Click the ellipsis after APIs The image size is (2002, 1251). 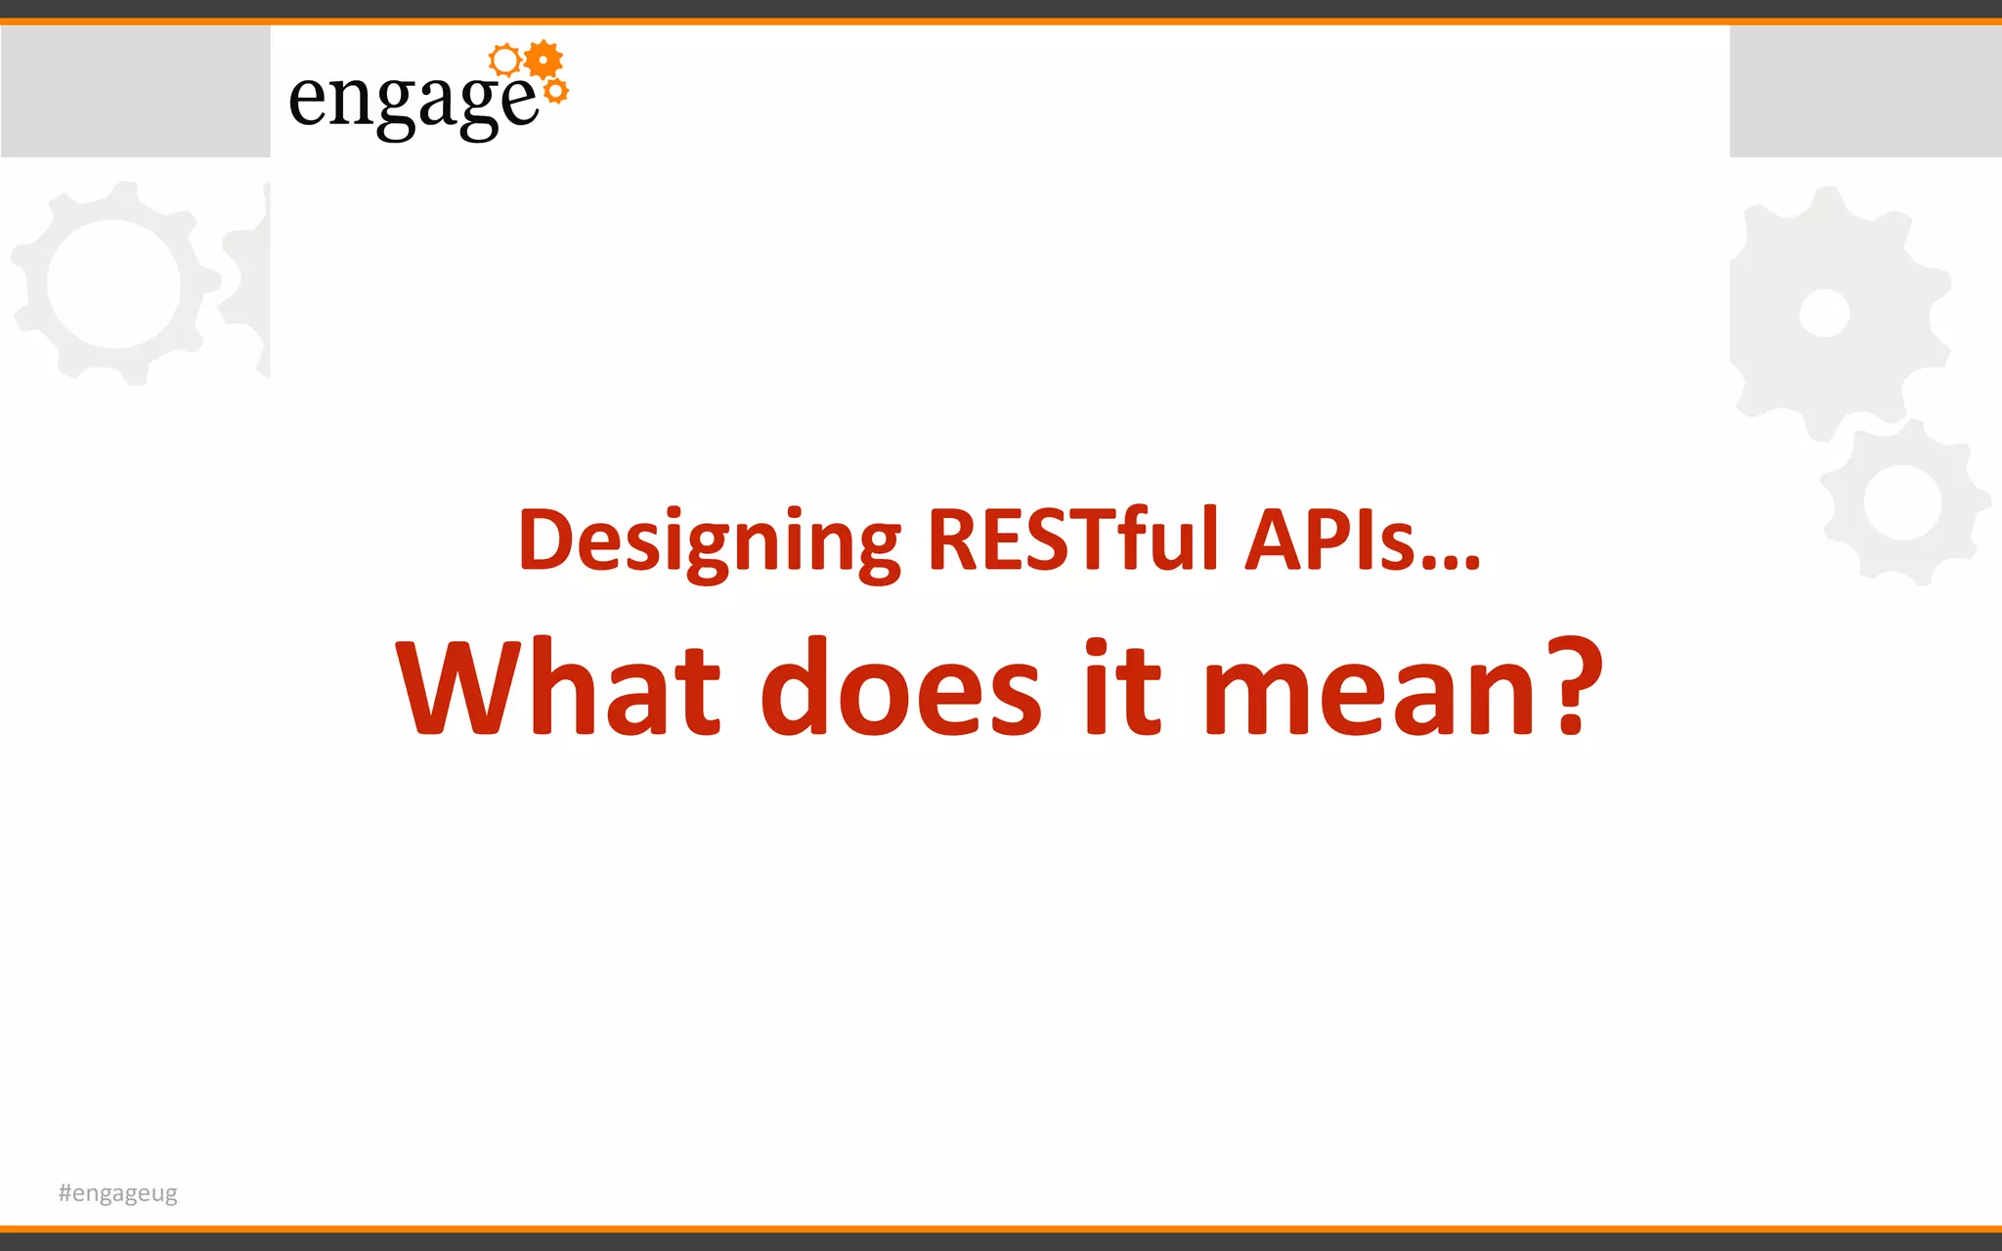[1452, 563]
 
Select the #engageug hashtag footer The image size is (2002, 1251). [118, 1193]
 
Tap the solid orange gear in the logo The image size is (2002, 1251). [544, 61]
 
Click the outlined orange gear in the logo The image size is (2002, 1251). [505, 61]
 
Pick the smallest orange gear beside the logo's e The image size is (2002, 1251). [555, 92]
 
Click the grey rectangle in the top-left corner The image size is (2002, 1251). [135, 91]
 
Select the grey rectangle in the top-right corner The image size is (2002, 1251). [1865, 91]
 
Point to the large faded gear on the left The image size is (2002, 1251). [115, 283]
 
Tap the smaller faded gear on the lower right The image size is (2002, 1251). [1902, 502]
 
